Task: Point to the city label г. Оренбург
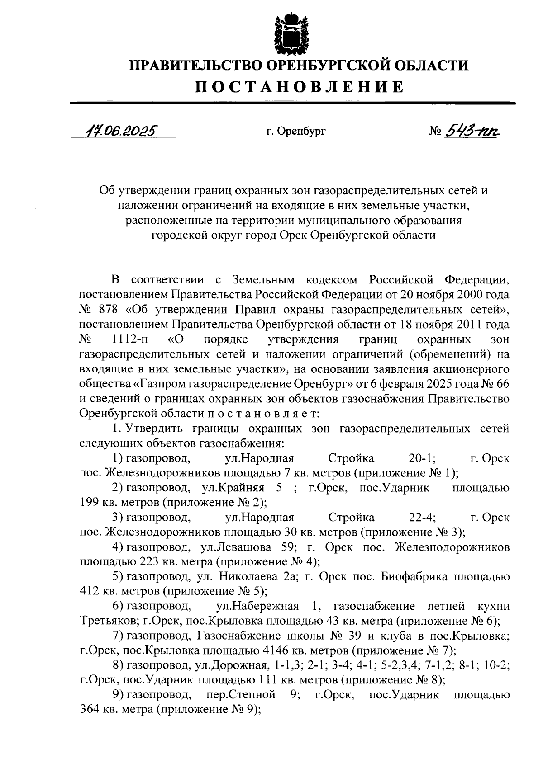tap(295, 132)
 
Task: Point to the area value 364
tap(89, 709)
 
